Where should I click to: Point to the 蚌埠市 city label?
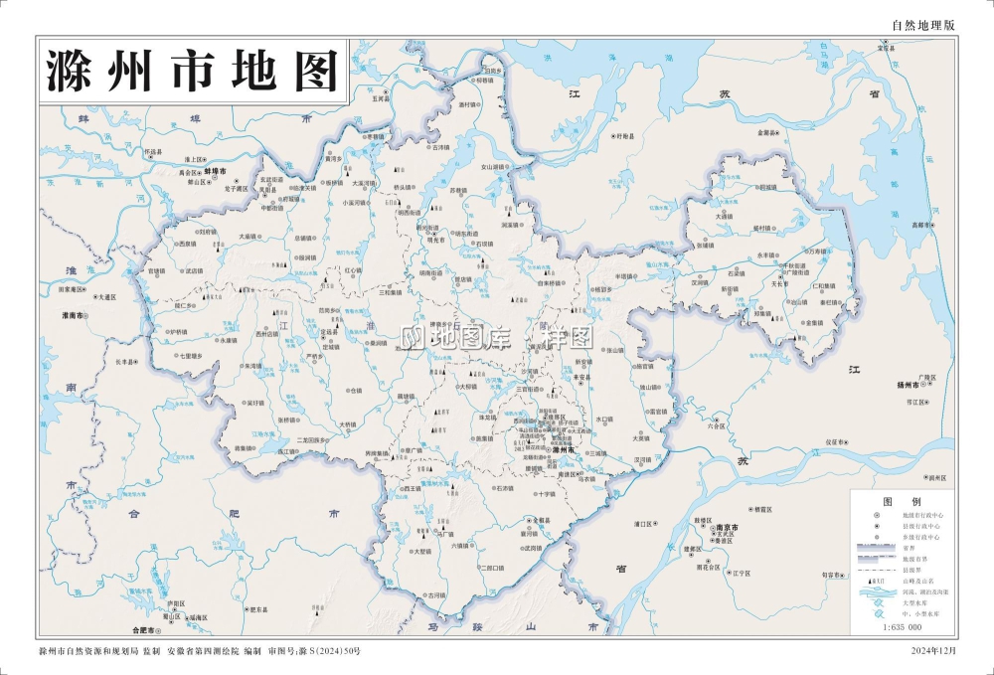(x=231, y=171)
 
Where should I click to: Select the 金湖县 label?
(x=766, y=132)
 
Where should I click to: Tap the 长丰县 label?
(x=126, y=362)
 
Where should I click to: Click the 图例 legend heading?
(x=897, y=501)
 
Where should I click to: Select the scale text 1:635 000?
(x=902, y=627)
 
